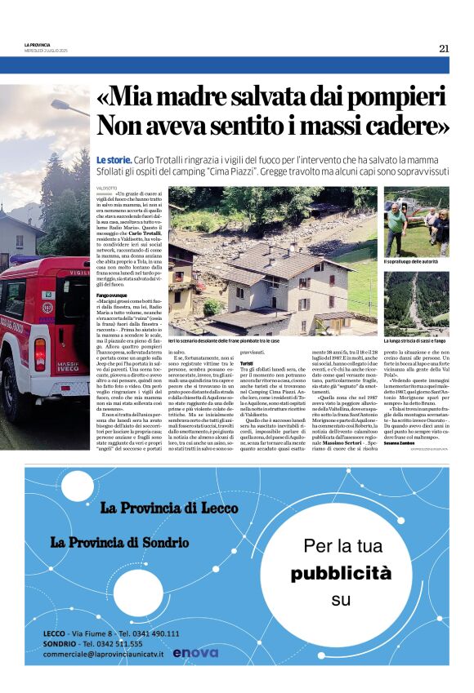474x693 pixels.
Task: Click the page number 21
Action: (x=444, y=48)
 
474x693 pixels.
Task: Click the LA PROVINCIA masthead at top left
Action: (x=38, y=46)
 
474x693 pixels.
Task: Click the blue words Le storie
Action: (x=113, y=161)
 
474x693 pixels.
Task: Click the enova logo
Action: (x=195, y=652)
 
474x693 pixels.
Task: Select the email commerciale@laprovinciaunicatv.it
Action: (x=104, y=654)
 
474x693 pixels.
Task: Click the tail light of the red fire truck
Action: (x=40, y=355)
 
